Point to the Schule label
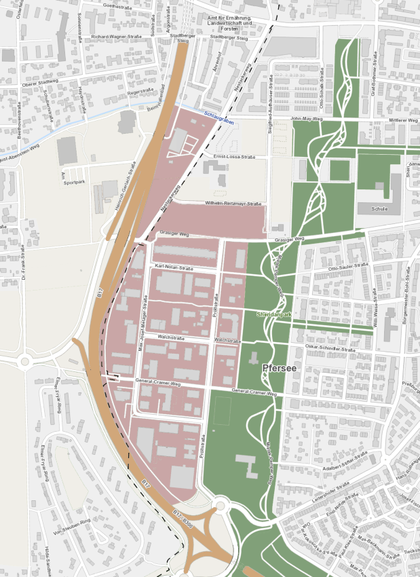(x=379, y=209)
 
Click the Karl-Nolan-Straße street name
(x=174, y=267)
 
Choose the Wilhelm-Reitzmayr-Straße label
(x=233, y=204)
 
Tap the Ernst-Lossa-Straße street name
(x=233, y=157)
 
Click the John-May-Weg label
(x=307, y=119)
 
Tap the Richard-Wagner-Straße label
(x=115, y=37)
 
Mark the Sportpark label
(x=74, y=183)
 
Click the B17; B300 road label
(x=183, y=519)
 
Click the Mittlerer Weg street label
(x=402, y=120)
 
